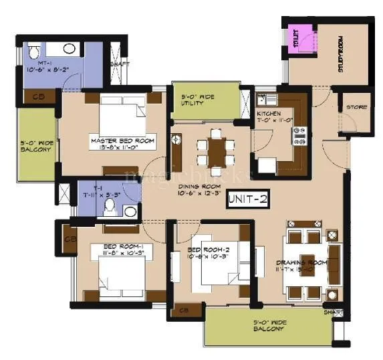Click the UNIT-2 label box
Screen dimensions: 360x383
pos(247,199)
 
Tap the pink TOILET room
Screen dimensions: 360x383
pos(295,38)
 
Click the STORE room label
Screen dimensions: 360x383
pos(356,107)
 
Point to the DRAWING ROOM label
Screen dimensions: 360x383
pos(301,267)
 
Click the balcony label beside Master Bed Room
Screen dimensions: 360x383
pos(35,146)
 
